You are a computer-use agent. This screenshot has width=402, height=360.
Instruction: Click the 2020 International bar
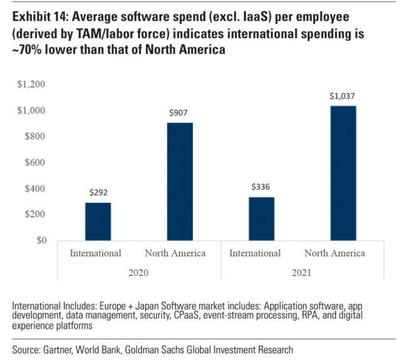[x=98, y=221]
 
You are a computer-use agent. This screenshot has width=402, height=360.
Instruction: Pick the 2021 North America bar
[x=334, y=173]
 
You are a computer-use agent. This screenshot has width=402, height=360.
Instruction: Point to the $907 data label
[x=178, y=114]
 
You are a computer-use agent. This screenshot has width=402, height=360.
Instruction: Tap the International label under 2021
[x=255, y=253]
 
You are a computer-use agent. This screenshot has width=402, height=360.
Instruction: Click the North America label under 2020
[x=175, y=253]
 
